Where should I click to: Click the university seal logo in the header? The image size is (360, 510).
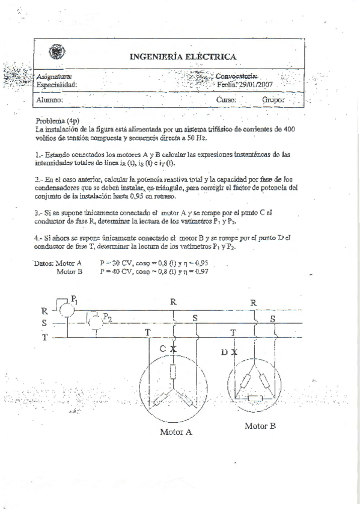click(57, 53)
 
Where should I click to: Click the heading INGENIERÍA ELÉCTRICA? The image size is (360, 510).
click(183, 57)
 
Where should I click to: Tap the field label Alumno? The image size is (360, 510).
click(49, 100)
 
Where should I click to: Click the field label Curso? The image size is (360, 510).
click(226, 100)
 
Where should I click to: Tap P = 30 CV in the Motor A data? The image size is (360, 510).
click(121, 263)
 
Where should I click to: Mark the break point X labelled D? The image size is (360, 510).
click(234, 352)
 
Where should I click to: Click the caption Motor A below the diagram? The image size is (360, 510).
click(176, 431)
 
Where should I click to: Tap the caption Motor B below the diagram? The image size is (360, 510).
click(260, 426)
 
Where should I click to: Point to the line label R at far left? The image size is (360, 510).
click(44, 311)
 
